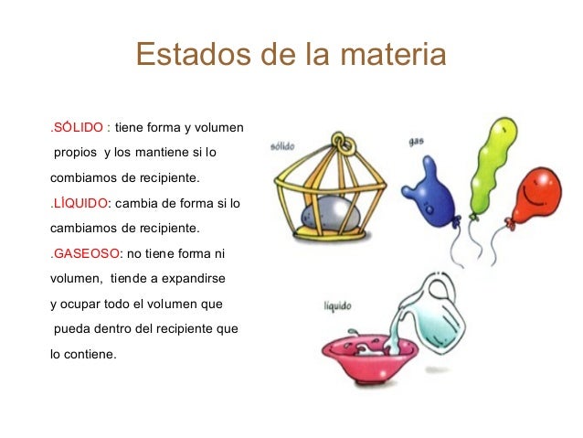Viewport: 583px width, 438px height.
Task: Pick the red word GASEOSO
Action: tap(86, 253)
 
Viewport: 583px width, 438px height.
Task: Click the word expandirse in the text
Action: tap(193, 278)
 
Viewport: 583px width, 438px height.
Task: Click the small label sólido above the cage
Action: tap(283, 147)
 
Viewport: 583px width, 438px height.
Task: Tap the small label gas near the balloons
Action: tap(417, 141)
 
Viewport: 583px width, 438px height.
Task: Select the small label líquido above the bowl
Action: tap(338, 306)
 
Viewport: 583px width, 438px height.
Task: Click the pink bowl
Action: tap(361, 355)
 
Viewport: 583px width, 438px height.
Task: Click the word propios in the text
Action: tap(75, 151)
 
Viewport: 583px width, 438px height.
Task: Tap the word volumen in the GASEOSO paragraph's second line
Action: tap(76, 278)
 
